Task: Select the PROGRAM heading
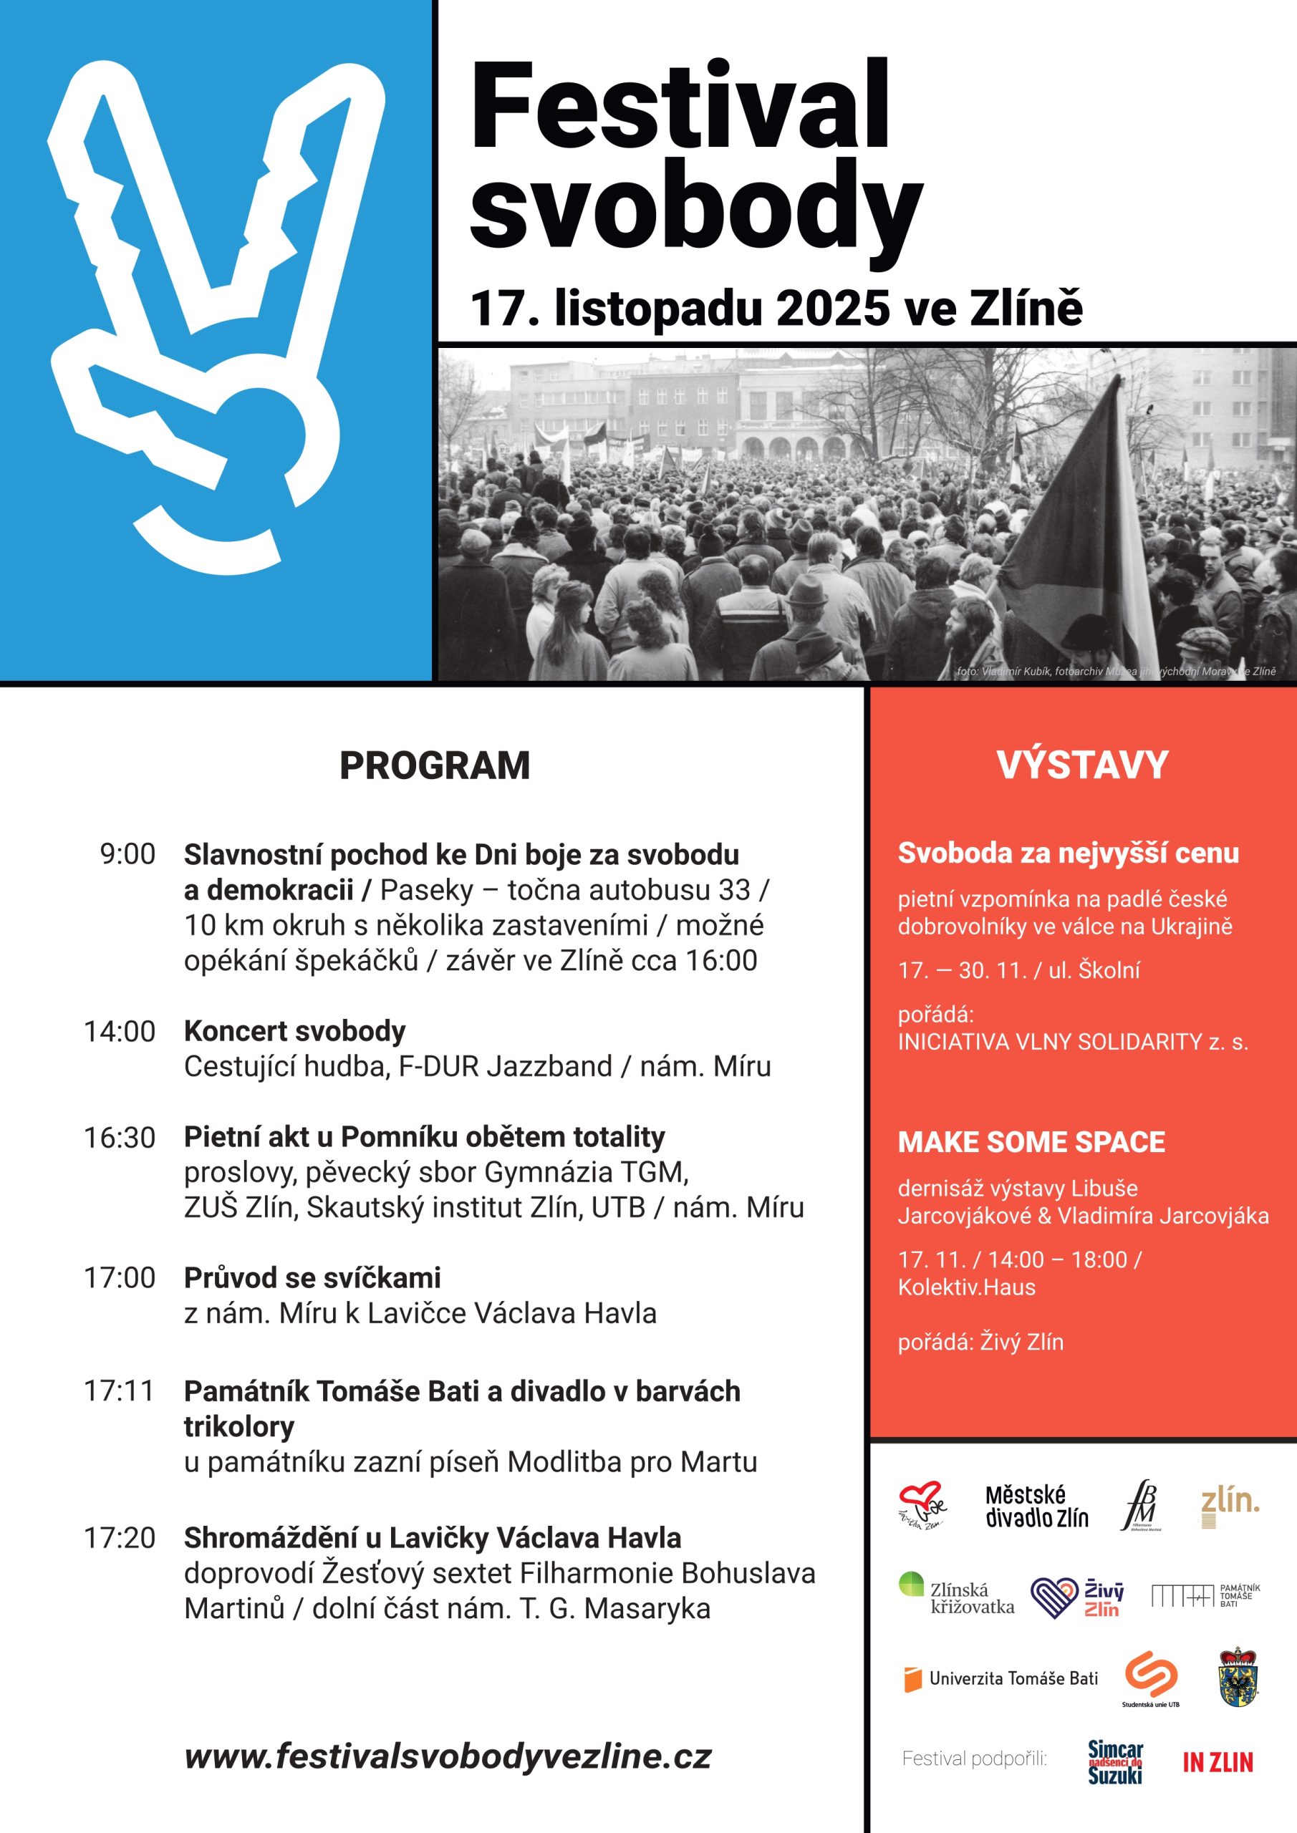435,765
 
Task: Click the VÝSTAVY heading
1082,765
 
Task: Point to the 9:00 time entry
127,854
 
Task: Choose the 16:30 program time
120,1138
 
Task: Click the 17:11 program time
119,1391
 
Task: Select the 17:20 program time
120,1537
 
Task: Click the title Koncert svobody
294,1030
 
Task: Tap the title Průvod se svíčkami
312,1278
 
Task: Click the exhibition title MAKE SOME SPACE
1031,1141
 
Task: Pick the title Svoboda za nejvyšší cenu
1068,853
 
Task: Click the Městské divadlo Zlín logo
1036,1506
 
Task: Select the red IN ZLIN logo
1218,1762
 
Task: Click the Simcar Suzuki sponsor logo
1115,1762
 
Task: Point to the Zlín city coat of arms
1239,1678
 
